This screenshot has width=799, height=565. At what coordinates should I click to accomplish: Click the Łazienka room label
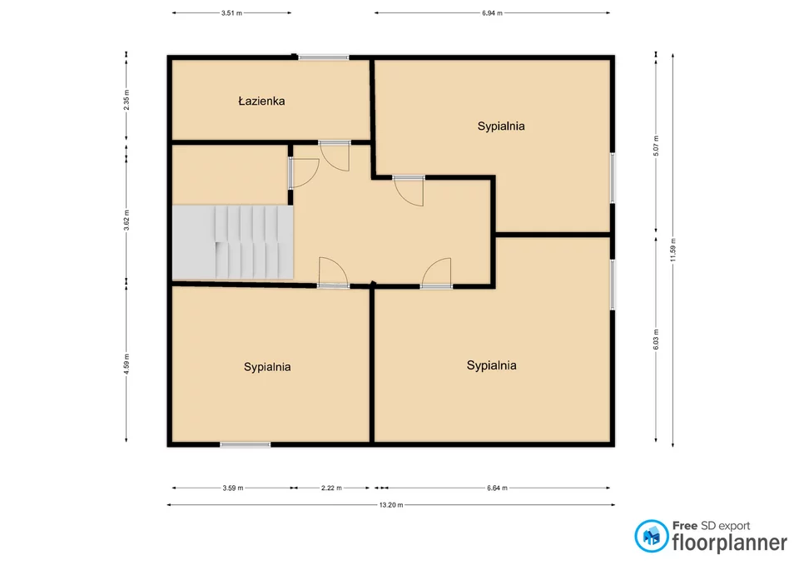(x=261, y=101)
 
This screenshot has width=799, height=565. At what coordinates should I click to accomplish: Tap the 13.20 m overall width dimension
(x=391, y=505)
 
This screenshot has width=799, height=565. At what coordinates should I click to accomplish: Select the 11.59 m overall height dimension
(x=672, y=250)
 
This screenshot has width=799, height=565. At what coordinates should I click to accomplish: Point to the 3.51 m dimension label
(x=231, y=12)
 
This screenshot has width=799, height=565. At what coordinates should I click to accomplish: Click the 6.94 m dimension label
(x=492, y=12)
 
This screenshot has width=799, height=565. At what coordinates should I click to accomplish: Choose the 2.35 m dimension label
(x=127, y=100)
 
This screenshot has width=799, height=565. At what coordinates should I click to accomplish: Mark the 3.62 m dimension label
(x=127, y=220)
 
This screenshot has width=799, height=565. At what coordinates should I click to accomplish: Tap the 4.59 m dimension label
(x=127, y=364)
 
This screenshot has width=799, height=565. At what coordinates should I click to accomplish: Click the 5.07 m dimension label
(x=656, y=146)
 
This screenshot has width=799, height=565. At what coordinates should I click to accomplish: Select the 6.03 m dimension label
(x=656, y=339)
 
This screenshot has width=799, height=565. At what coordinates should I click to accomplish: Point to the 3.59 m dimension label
(x=233, y=488)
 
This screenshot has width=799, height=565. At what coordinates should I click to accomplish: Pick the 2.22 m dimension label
(x=331, y=488)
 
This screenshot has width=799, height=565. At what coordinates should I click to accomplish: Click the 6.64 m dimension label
(x=497, y=488)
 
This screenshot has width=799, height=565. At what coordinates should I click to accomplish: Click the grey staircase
(x=232, y=242)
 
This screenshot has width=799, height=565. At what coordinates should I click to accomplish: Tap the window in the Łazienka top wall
(x=324, y=57)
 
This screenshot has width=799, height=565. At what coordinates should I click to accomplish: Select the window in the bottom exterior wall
(x=245, y=445)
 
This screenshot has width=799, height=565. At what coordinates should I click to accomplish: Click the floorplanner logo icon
(x=651, y=536)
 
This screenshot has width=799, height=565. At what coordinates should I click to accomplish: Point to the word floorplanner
(x=730, y=543)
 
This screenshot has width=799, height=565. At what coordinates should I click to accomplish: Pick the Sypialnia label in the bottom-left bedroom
(x=267, y=367)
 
